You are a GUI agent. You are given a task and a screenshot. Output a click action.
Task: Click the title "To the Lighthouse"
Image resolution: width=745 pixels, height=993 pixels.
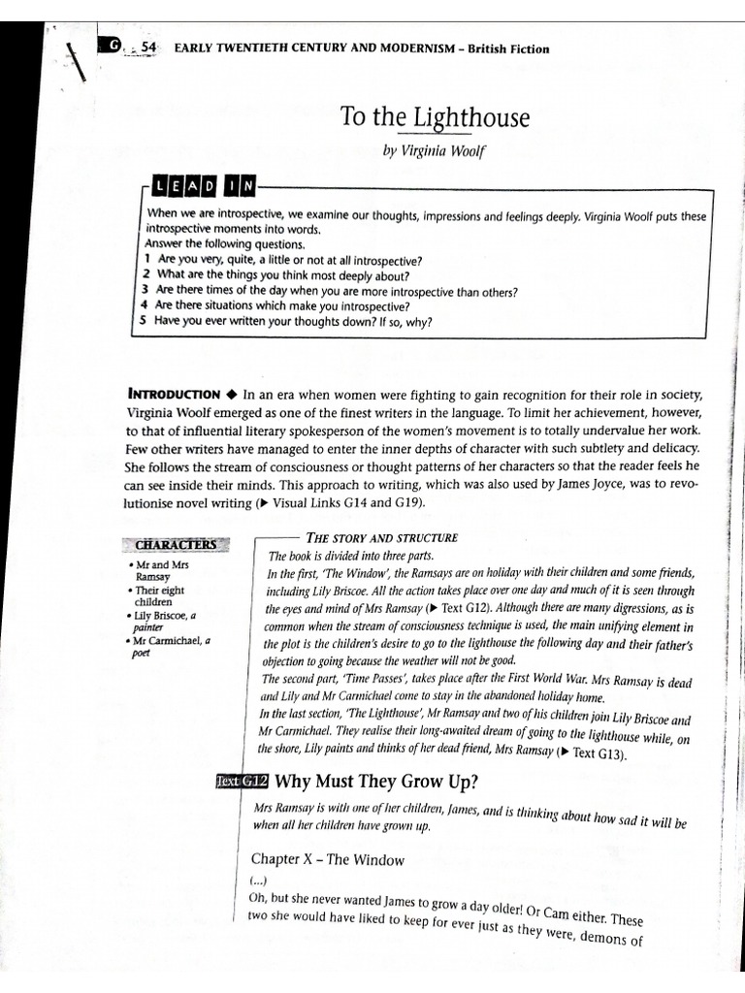point(436,119)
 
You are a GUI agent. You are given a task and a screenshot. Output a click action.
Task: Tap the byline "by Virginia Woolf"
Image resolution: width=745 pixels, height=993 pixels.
point(436,154)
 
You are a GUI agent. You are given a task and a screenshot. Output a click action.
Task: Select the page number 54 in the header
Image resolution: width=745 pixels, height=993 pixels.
point(148,48)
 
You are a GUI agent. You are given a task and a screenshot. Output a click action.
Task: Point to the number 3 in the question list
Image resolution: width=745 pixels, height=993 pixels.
point(144,290)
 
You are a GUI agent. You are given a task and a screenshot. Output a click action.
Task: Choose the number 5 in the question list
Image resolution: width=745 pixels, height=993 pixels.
point(144,322)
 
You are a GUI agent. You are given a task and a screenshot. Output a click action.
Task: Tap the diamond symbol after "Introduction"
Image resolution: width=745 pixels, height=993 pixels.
point(231,394)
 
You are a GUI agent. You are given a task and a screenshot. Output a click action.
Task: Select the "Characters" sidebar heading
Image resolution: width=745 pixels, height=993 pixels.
point(175,544)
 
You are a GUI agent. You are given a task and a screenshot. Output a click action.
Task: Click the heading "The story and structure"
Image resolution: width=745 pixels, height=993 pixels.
point(381,537)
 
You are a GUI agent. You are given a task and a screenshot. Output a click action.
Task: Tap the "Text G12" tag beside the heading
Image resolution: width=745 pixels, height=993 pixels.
point(241,781)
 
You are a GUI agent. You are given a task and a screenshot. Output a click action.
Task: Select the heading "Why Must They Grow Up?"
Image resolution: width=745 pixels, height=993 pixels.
point(376,781)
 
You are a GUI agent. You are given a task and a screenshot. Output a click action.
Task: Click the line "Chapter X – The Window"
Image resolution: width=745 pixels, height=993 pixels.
point(327,858)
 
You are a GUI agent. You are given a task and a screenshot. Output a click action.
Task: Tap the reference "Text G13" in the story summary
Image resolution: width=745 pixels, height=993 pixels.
point(600,753)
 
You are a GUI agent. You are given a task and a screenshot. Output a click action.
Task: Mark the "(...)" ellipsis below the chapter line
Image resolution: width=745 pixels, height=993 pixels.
point(257,881)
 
